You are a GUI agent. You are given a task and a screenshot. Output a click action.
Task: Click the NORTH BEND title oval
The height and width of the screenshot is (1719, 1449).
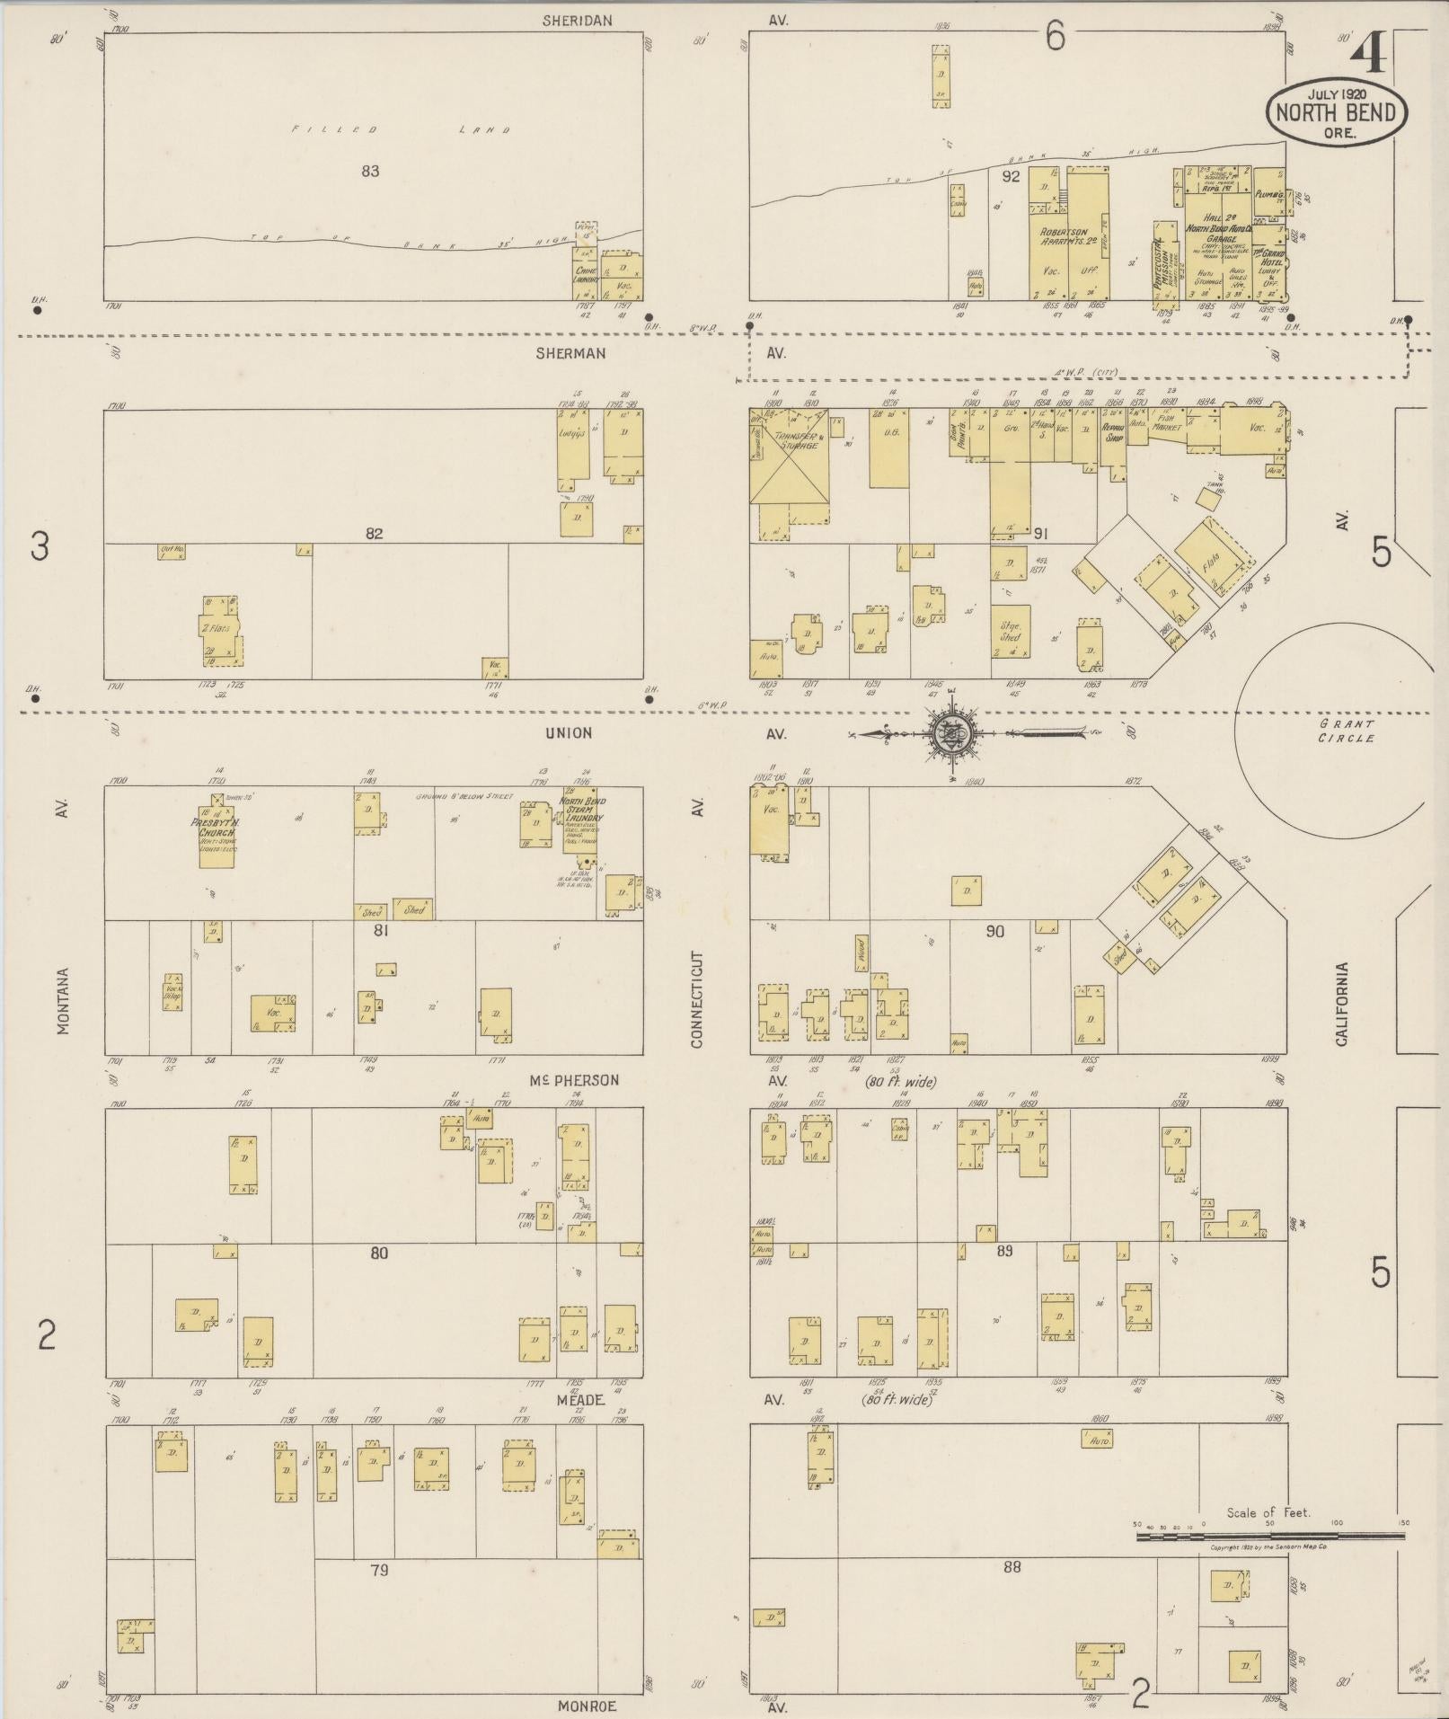tap(1336, 111)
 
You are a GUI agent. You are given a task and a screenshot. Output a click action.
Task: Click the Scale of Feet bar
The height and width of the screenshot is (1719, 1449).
tap(1270, 1537)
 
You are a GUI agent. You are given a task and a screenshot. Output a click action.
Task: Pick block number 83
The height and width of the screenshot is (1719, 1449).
tap(370, 171)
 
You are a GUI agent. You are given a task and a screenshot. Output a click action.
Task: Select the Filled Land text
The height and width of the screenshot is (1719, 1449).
tap(401, 130)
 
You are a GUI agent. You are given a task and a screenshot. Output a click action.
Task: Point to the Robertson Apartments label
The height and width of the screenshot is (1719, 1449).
tap(1065, 237)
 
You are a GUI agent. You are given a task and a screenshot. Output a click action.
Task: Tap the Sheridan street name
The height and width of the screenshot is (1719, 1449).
tap(577, 20)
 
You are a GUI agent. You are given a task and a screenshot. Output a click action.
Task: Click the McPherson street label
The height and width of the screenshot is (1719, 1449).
tap(574, 1080)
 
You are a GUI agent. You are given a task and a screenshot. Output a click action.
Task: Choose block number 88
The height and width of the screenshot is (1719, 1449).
tap(1012, 1566)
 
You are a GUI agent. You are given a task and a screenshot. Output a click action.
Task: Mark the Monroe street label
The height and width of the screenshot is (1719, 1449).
tap(587, 1706)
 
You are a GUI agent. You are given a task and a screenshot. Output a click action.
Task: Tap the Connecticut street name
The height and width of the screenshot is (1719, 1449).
tap(697, 998)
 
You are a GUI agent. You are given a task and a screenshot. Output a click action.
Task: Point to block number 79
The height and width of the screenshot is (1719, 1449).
tap(379, 1570)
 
